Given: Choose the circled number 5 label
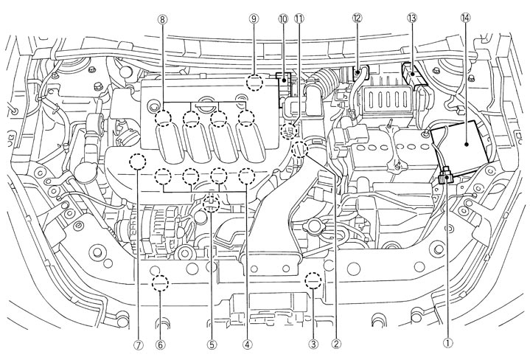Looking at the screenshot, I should (x=212, y=343).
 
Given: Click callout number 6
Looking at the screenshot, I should (x=161, y=343).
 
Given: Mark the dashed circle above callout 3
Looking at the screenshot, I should (x=313, y=280).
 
